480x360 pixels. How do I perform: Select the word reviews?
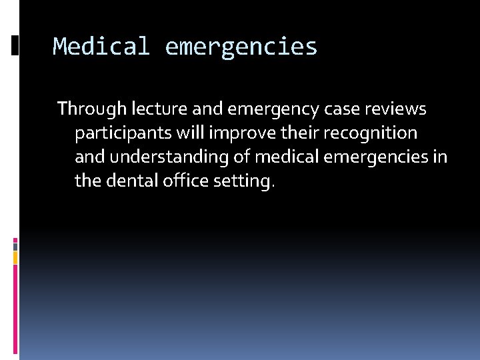tap(398, 109)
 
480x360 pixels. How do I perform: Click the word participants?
tap(123, 133)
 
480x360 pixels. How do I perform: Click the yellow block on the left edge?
tap(15, 257)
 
